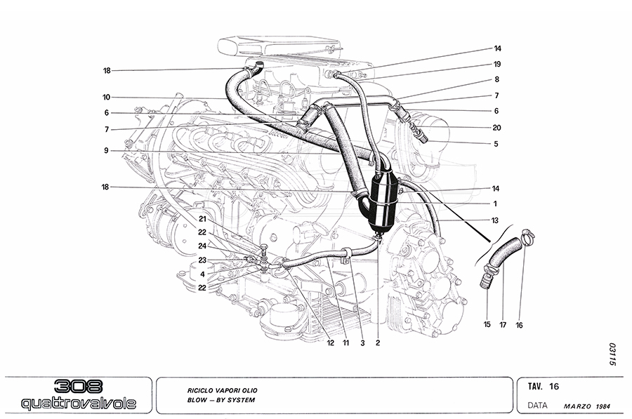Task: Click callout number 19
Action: tap(496, 65)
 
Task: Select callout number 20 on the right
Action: tap(496, 128)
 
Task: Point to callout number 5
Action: tap(496, 144)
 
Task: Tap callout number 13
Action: tap(496, 220)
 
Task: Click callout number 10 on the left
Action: tap(107, 97)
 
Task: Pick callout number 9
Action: tap(107, 150)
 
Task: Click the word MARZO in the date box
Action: tap(577, 406)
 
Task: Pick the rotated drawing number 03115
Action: tap(612, 354)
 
